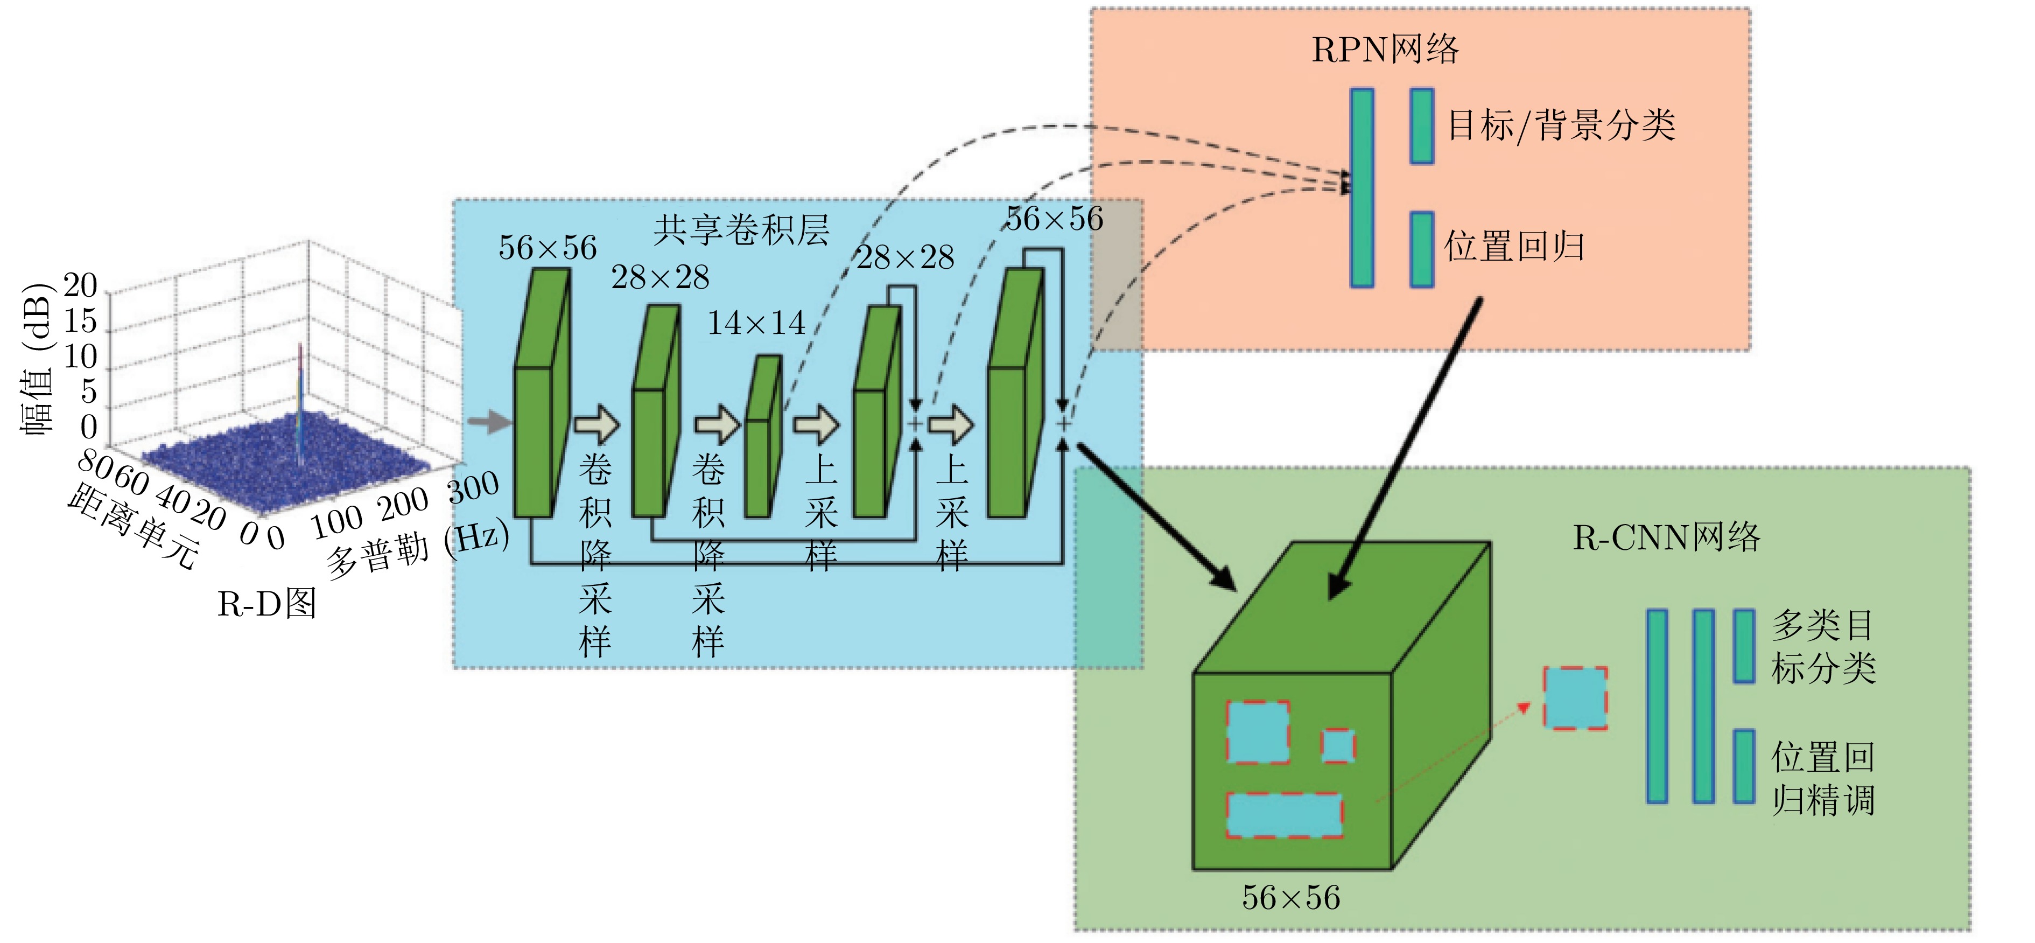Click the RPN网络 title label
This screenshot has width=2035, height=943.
point(1385,49)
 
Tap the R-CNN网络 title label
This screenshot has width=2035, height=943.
point(1666,537)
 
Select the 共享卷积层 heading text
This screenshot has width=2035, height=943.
point(741,229)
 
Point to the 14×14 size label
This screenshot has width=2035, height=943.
point(756,323)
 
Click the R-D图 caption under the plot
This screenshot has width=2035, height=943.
point(267,604)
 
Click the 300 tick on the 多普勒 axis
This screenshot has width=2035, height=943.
point(474,487)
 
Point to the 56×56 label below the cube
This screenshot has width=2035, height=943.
point(1291,897)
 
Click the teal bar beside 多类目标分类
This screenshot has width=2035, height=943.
point(1744,646)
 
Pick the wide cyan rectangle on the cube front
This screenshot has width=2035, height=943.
point(1285,815)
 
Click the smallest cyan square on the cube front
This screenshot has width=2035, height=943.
point(1338,745)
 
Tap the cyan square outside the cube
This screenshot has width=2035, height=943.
point(1575,698)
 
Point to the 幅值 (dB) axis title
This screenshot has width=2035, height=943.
point(37,358)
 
